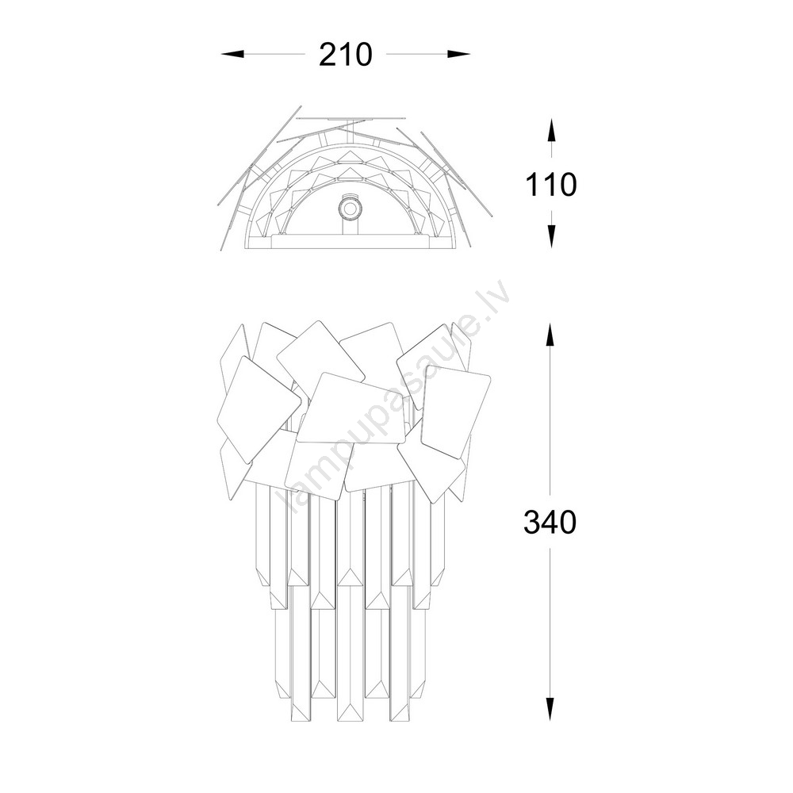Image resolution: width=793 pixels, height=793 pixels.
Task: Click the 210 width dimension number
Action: [x=346, y=55]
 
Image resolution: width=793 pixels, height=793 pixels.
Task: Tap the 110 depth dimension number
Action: [x=551, y=185]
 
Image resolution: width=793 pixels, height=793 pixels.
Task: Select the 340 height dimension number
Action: [x=550, y=522]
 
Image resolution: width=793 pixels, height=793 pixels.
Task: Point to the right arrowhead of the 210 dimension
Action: [x=458, y=54]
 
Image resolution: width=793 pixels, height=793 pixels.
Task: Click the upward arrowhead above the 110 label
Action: [x=551, y=131]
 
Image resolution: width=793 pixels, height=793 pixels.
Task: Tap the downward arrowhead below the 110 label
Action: [x=551, y=236]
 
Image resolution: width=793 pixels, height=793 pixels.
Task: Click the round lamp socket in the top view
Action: [x=348, y=208]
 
